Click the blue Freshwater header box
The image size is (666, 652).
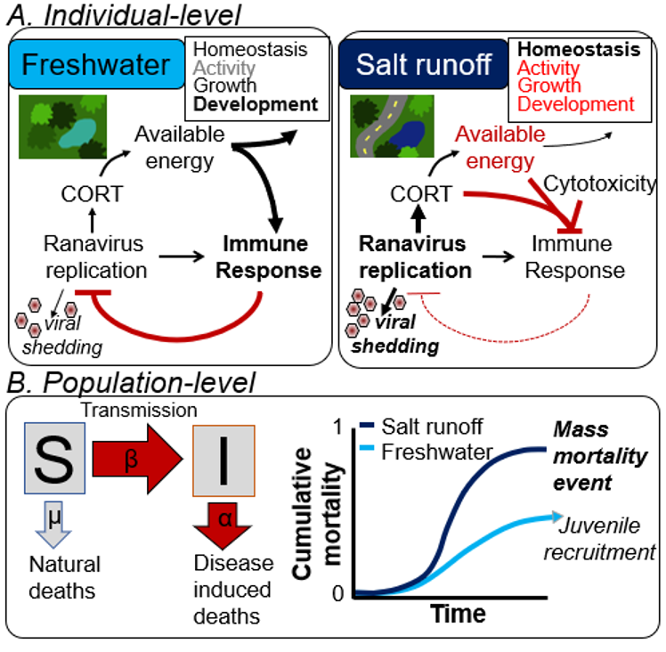point(90,66)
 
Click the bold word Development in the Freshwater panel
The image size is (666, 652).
point(256,105)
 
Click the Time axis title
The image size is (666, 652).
point(459,615)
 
